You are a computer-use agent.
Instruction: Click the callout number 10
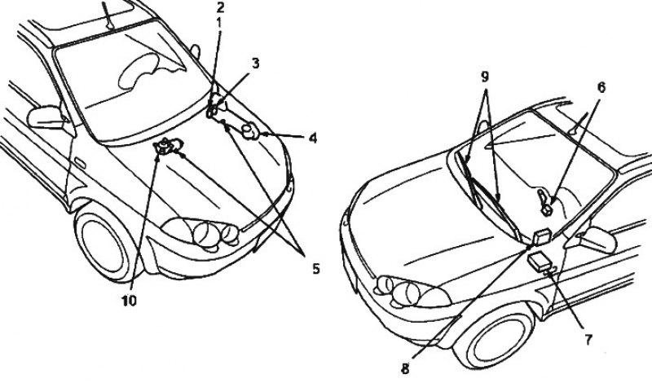click(x=129, y=301)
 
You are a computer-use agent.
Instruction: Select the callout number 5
click(x=316, y=269)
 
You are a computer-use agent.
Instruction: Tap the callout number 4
click(x=313, y=138)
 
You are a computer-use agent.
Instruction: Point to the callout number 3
click(x=255, y=64)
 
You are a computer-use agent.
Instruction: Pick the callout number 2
click(x=220, y=7)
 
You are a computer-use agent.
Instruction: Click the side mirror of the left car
click(x=45, y=117)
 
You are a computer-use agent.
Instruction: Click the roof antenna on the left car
click(x=109, y=15)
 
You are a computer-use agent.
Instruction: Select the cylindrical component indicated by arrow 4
click(x=250, y=131)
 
